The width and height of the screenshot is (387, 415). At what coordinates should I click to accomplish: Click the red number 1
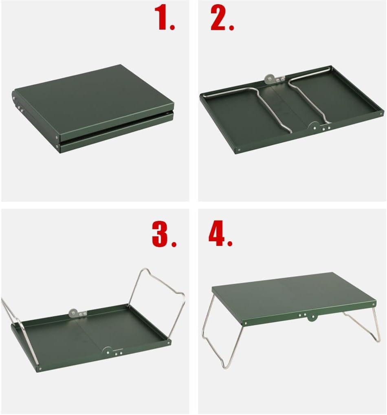164,18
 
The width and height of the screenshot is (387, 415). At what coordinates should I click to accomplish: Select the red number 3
163,234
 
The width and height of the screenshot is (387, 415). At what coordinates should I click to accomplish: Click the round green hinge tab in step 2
314,126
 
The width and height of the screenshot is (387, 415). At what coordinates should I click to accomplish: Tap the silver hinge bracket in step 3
76,313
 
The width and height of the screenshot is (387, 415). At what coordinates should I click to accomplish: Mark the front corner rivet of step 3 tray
40,369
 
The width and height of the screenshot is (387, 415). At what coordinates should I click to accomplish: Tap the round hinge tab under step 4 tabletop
312,317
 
